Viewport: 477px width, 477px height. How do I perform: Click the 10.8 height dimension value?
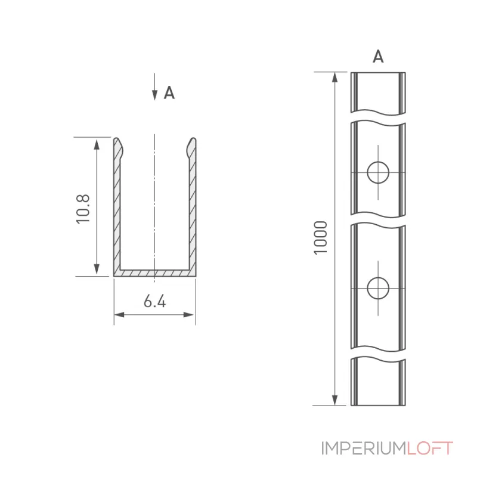[83, 209]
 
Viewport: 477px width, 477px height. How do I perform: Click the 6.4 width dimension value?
[155, 301]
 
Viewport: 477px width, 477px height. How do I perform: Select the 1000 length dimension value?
[320, 237]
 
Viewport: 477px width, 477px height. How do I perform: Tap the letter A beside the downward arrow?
[169, 93]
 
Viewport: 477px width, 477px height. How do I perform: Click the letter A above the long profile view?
[378, 56]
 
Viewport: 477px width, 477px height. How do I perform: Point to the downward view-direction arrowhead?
[155, 95]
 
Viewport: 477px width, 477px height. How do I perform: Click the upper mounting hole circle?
[378, 172]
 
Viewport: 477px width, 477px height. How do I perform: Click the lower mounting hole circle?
[378, 288]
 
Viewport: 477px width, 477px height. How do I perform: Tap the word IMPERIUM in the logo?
[364, 448]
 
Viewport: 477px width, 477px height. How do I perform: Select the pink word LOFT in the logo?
[430, 448]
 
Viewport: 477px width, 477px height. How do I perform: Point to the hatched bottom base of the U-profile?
[155, 273]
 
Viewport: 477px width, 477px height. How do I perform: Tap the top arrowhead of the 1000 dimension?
[335, 78]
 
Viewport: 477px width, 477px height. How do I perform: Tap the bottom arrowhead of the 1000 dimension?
[335, 400]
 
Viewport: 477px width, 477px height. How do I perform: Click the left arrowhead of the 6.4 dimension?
[119, 315]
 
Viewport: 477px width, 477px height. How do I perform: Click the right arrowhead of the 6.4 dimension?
[190, 315]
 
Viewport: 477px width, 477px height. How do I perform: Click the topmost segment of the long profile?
[378, 94]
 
